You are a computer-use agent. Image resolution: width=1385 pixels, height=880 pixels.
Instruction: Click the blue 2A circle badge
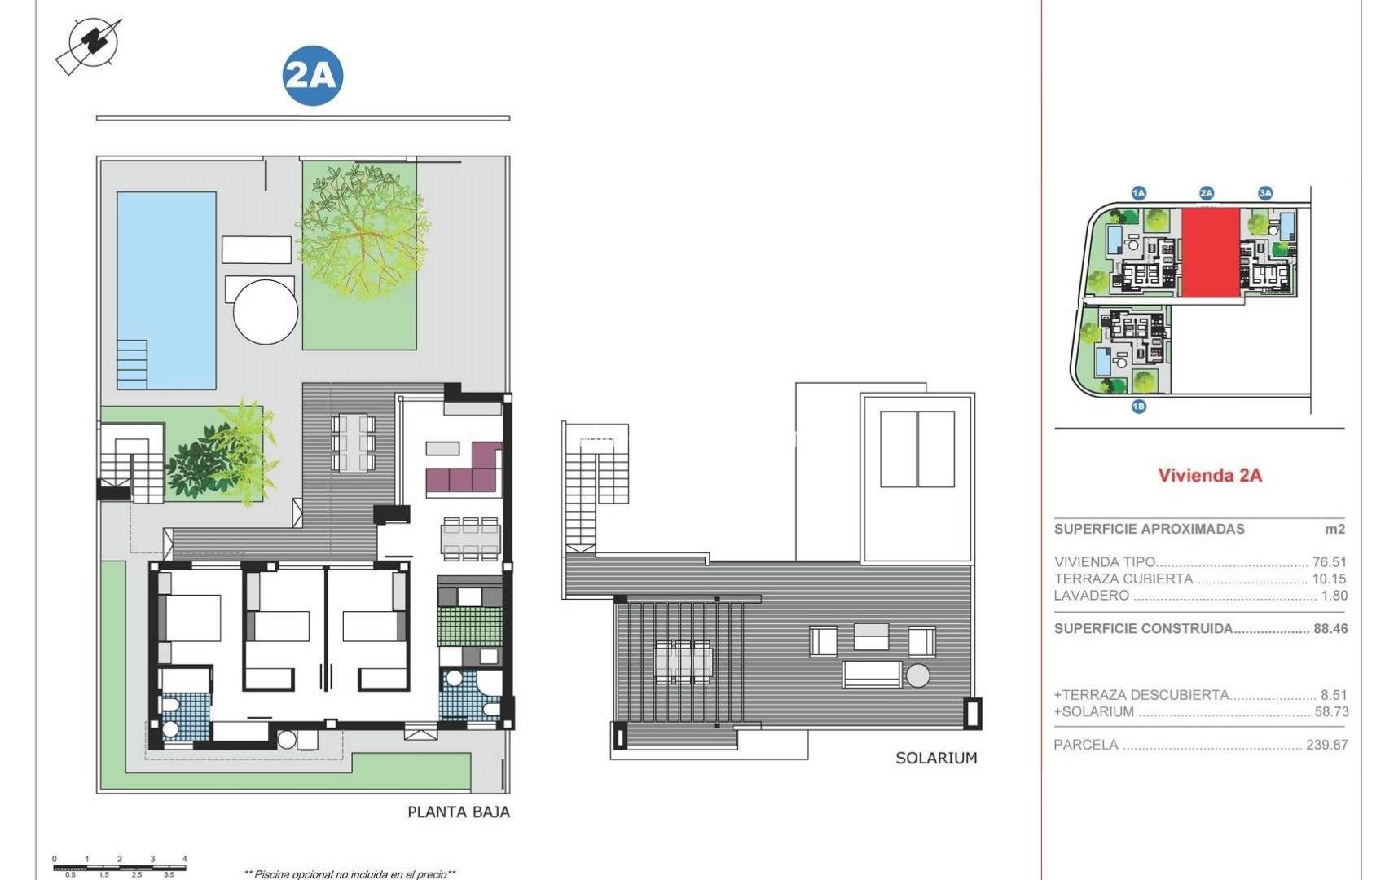pyautogui.click(x=312, y=77)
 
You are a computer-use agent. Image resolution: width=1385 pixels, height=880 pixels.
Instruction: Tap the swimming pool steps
pyautogui.click(x=132, y=364)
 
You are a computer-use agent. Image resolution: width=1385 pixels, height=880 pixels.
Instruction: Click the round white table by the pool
pyautogui.click(x=266, y=311)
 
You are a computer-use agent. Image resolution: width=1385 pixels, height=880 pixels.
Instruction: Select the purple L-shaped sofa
pyautogui.click(x=464, y=469)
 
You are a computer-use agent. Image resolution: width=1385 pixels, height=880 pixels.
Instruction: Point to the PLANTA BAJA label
pyautogui.click(x=458, y=812)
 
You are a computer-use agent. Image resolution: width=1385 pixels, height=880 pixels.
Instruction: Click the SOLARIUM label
pyautogui.click(x=935, y=758)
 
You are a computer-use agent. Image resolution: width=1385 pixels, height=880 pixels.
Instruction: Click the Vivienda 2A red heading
pyautogui.click(x=1209, y=475)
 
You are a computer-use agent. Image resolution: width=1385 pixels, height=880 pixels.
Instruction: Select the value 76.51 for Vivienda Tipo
pyautogui.click(x=1329, y=562)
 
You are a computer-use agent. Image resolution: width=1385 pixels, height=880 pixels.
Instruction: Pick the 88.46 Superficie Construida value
pyautogui.click(x=1330, y=629)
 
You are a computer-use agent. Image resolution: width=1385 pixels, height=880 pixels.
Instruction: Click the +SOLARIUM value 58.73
pyautogui.click(x=1331, y=711)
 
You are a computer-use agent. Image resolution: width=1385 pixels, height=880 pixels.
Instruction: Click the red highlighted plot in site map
pyautogui.click(x=1210, y=251)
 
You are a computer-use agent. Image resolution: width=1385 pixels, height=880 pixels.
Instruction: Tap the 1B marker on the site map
pyautogui.click(x=1138, y=406)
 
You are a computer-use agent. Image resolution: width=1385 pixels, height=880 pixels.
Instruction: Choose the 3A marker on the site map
pyautogui.click(x=1264, y=193)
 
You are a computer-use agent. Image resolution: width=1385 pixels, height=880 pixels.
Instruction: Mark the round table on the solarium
pyautogui.click(x=917, y=675)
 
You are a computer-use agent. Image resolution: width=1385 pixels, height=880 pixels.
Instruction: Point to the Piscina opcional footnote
pyautogui.click(x=350, y=874)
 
